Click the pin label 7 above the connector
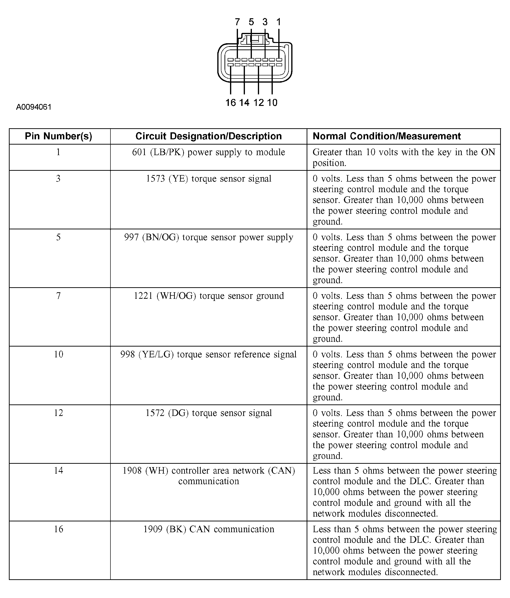[237, 22]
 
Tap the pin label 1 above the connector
[279, 22]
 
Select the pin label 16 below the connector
[230, 103]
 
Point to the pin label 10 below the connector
[272, 103]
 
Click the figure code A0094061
[34, 107]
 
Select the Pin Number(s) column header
[59, 136]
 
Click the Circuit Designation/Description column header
[208, 136]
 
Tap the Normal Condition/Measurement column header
[387, 136]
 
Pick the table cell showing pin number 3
[58, 179]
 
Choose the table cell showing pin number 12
[59, 413]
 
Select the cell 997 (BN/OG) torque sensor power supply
[208, 237]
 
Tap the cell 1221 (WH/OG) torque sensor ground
[208, 296]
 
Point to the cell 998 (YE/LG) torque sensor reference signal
[208, 354]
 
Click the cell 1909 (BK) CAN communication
[208, 529]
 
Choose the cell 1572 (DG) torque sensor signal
[208, 413]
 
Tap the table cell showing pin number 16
[59, 529]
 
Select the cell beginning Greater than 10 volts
[403, 157]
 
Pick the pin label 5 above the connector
[251, 22]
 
